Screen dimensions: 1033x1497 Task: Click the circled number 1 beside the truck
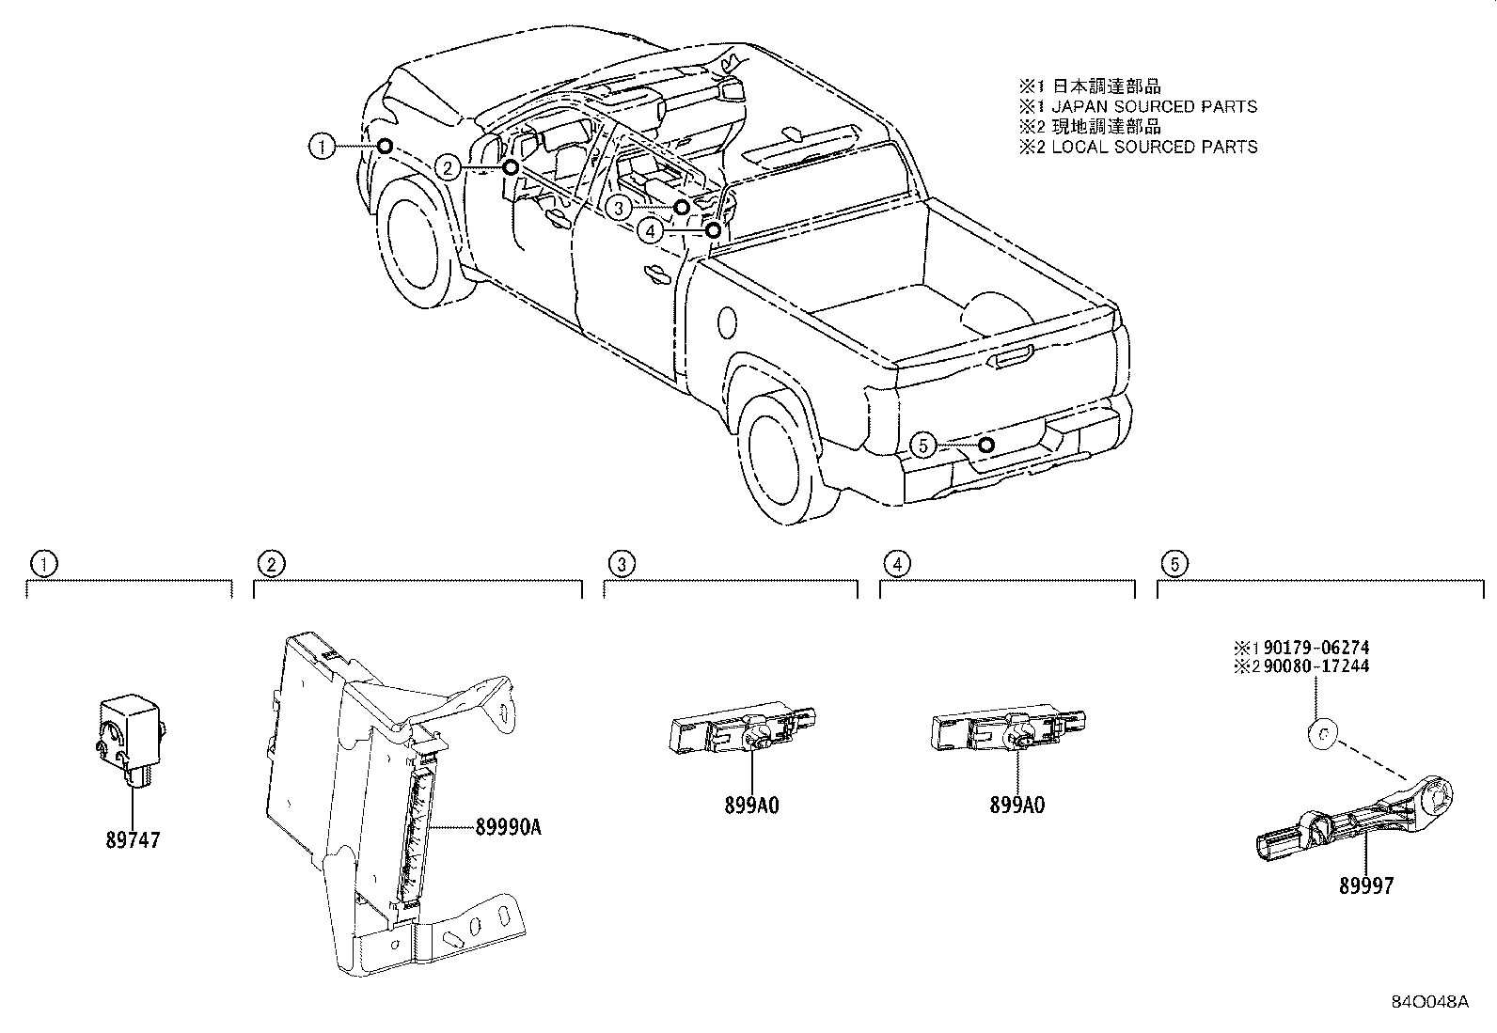point(322,146)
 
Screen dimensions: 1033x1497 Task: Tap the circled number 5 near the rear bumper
point(923,445)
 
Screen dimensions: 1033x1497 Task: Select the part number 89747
point(132,840)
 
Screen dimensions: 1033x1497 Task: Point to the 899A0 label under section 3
point(751,806)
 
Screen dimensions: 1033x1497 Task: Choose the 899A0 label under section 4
point(1016,806)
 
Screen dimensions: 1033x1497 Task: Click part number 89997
point(1366,885)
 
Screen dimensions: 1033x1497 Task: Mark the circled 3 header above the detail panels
point(621,564)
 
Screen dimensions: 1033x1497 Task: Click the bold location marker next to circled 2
point(510,168)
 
